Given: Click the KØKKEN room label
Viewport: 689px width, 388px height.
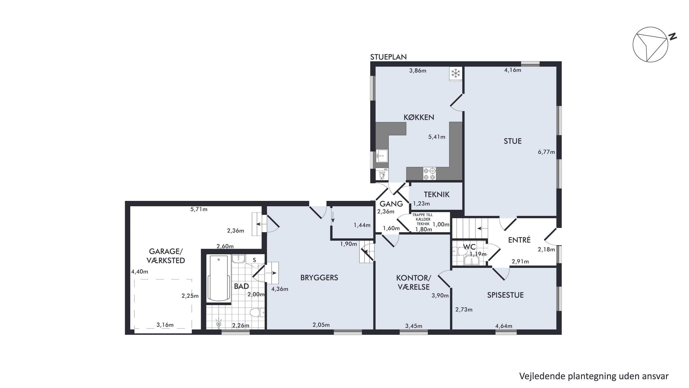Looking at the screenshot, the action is [419, 117].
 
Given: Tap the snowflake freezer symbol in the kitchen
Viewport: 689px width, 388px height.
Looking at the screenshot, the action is [456, 73].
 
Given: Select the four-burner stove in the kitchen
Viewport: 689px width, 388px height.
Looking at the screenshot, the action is [429, 173].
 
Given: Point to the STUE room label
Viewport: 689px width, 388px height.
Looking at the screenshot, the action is [512, 141].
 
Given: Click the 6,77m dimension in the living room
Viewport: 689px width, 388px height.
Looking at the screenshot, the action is [546, 152].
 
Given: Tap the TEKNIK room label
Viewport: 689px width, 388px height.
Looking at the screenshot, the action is [437, 194].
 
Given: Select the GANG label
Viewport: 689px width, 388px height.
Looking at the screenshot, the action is [391, 204].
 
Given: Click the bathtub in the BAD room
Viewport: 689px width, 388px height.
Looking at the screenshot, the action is [219, 278].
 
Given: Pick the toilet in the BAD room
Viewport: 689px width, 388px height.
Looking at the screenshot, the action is [257, 312].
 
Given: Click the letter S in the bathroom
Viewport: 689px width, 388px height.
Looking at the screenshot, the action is [254, 260].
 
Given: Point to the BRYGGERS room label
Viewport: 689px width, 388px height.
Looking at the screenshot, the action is [319, 278].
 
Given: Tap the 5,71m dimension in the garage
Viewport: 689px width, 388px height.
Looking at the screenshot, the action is [199, 209].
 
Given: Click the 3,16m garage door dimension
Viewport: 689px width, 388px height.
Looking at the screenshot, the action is [165, 325].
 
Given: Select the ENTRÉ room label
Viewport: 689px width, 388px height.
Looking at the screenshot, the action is [519, 240].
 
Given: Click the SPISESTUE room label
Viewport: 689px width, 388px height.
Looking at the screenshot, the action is [505, 295].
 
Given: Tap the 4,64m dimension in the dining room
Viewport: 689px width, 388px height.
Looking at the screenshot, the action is [504, 326].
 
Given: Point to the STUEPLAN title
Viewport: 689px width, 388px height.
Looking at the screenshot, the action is [388, 57].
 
